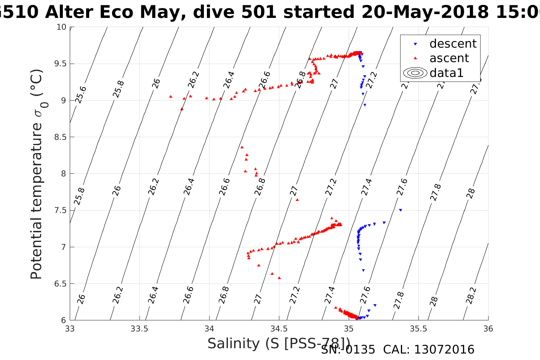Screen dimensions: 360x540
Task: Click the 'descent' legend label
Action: click(x=453, y=44)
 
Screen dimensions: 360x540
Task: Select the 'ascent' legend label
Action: click(x=449, y=58)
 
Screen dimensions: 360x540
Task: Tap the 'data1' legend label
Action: click(x=446, y=73)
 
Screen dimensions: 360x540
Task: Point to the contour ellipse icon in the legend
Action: click(x=415, y=73)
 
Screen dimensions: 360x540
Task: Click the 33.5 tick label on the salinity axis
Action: click(x=139, y=329)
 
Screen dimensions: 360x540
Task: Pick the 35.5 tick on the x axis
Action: click(x=418, y=329)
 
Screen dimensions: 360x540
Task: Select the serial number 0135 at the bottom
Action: click(x=361, y=350)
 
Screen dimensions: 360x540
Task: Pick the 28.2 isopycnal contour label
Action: click(x=471, y=296)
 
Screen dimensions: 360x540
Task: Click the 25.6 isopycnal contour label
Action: click(x=80, y=94)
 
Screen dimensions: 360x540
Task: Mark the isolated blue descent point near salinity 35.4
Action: click(x=400, y=210)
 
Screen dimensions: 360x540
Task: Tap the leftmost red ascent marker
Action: click(x=171, y=96)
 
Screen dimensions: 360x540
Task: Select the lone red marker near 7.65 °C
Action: click(x=297, y=200)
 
